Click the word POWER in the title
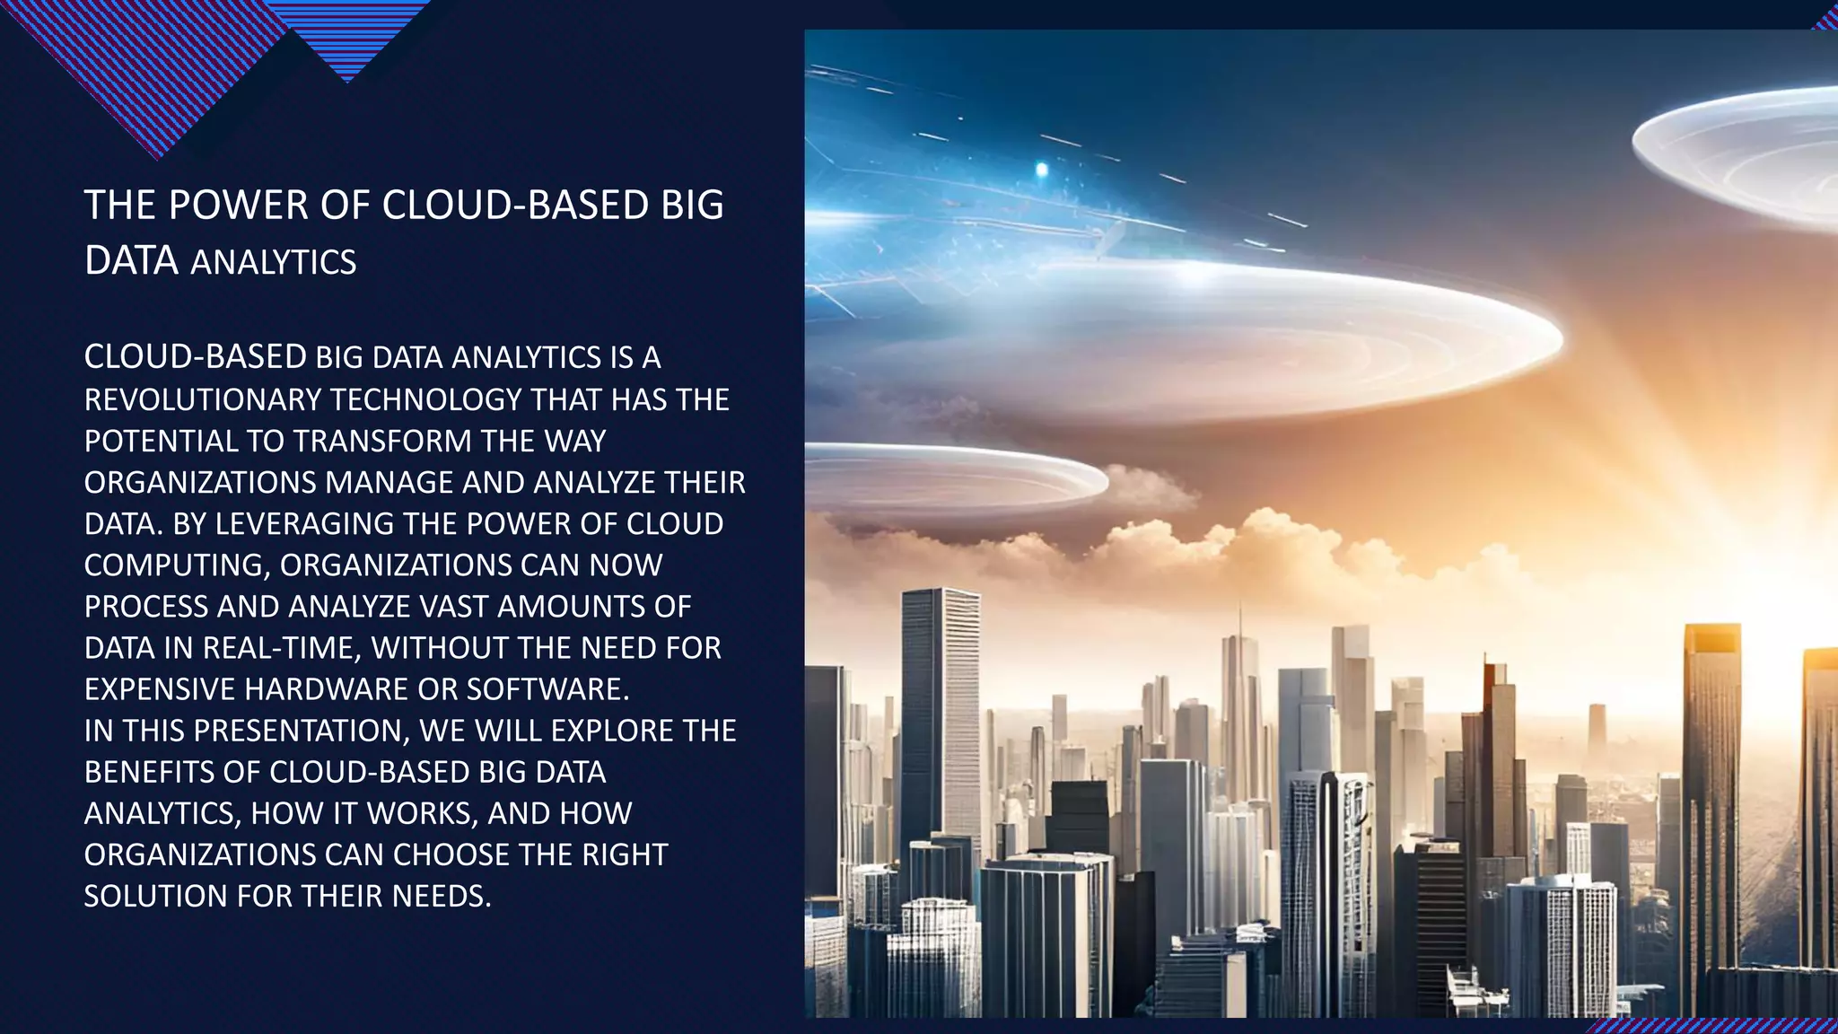pos(238,206)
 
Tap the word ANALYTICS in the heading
pos(274,262)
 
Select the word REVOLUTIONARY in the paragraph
pos(201,399)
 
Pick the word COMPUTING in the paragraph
pos(177,565)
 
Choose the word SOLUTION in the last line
pos(155,896)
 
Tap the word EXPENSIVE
pos(160,689)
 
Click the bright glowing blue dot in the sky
pos(1041,169)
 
